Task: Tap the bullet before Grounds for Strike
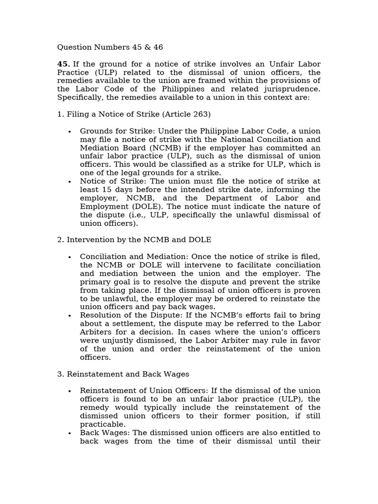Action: (69, 131)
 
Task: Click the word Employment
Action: (104, 206)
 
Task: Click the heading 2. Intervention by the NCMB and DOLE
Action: (134, 240)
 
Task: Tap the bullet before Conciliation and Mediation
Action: (69, 257)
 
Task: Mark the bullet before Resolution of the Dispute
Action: (69, 315)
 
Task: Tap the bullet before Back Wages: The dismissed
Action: (69, 433)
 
